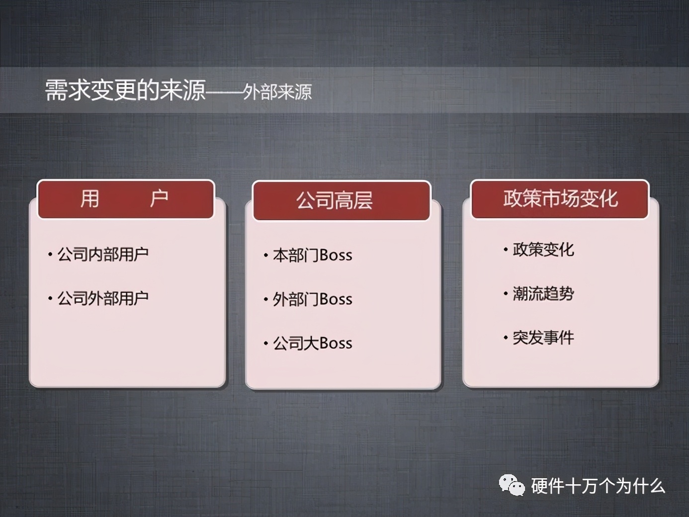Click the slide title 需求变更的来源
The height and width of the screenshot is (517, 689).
point(125,90)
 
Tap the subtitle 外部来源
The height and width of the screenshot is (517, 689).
point(277,92)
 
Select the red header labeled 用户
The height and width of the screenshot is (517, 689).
point(126,199)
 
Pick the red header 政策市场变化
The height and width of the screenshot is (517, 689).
point(560,199)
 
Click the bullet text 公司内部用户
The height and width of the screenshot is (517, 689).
point(103,255)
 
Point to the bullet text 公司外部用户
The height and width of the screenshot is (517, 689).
point(103,298)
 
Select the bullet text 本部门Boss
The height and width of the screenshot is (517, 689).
point(312,256)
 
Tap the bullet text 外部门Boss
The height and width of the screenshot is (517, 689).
point(312,299)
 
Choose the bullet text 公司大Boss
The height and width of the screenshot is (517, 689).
point(312,343)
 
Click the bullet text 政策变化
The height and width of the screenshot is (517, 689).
point(543,250)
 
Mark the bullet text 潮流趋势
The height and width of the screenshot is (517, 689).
point(543,294)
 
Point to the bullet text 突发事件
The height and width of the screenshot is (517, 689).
point(543,338)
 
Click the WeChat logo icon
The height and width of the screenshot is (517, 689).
point(512,485)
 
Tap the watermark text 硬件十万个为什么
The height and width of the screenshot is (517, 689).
point(598,486)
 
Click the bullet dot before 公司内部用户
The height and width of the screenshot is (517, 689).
point(50,255)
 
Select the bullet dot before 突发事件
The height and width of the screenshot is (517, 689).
point(506,338)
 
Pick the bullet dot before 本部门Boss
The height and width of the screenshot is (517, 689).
point(266,256)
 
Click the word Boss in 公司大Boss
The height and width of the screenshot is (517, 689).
point(336,343)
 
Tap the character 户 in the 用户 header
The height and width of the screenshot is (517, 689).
point(159,199)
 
